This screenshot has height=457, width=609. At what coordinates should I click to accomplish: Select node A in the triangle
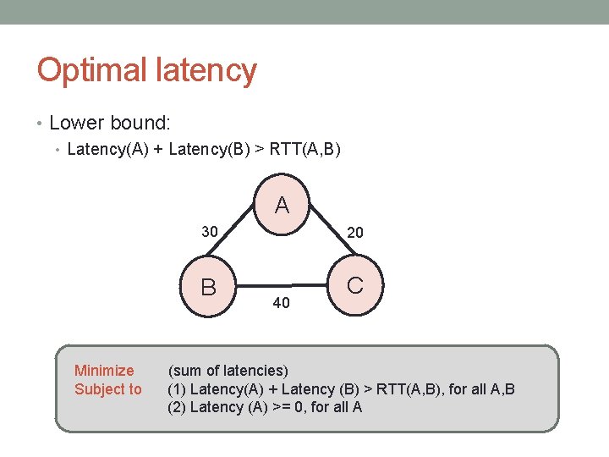point(282,205)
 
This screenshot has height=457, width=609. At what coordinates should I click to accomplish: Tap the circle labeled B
point(208,287)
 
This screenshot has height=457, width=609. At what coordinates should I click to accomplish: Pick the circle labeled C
point(355,285)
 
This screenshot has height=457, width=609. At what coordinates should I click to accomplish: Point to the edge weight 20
point(355,232)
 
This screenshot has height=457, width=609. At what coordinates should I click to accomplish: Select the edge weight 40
point(282,302)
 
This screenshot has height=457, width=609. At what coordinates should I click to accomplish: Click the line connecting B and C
point(282,285)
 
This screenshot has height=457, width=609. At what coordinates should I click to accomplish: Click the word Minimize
point(104,371)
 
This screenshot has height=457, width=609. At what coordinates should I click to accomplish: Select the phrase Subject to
point(108,389)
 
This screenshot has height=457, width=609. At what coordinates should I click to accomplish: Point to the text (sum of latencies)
point(228,371)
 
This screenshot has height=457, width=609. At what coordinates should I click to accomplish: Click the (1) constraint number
point(177,389)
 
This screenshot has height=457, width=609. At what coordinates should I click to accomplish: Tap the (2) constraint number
point(177,407)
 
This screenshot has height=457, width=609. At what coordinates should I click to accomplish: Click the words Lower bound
point(110,123)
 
